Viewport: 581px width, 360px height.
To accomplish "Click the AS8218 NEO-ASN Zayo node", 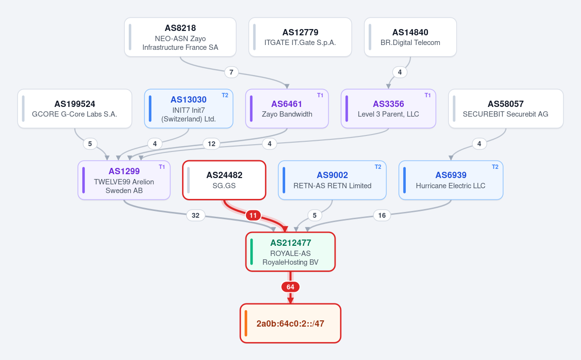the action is pos(180,37).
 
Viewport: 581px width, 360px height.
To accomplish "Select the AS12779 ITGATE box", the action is pos(300,37).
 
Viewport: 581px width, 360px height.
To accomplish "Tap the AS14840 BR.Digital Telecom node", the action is pos(411,37).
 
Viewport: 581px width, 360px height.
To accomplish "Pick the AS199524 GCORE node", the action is pos(75,108).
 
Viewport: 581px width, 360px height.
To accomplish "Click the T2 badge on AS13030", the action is pos(225,95).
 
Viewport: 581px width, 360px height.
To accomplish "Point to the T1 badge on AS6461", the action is pos(320,95).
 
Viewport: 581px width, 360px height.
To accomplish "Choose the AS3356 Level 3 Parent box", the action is pos(388,108).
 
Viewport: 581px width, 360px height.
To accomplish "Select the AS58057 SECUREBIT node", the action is pos(506,108).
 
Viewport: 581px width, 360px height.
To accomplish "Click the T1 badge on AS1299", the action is pos(162,167).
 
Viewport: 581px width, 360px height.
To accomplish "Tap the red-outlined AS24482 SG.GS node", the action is pos(224,180).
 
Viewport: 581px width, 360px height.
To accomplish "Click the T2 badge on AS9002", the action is pos(378,167).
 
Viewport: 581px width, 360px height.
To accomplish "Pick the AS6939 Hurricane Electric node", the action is pos(451,180).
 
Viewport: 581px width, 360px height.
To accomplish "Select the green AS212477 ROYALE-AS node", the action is pos(290,252).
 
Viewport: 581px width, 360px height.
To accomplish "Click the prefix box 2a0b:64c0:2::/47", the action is pos(290,323).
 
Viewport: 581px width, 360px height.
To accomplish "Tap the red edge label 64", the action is pos(290,287).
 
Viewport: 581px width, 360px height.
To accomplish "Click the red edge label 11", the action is pos(253,215).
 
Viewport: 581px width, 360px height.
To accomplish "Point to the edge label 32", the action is pos(196,215).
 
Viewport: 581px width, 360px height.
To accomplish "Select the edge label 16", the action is pos(382,215).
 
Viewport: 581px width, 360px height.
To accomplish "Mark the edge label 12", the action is pos(212,144).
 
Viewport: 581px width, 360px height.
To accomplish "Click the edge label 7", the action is pos(231,72).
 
